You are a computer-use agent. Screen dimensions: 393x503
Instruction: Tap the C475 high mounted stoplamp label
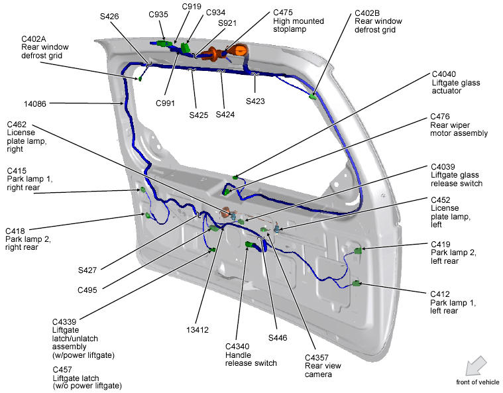click(x=298, y=21)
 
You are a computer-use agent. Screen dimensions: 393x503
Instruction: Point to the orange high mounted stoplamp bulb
click(x=240, y=50)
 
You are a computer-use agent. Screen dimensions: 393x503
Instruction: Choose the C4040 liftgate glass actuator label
click(x=456, y=82)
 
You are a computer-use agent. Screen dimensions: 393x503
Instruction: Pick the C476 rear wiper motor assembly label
click(x=459, y=125)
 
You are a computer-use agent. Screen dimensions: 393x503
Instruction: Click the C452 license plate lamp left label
click(x=450, y=208)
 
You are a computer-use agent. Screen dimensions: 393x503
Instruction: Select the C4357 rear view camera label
click(x=321, y=366)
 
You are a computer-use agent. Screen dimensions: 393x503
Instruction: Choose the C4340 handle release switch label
click(x=251, y=354)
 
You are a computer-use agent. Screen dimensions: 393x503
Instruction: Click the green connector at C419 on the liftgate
click(x=359, y=251)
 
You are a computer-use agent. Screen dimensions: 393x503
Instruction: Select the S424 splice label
click(x=225, y=115)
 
